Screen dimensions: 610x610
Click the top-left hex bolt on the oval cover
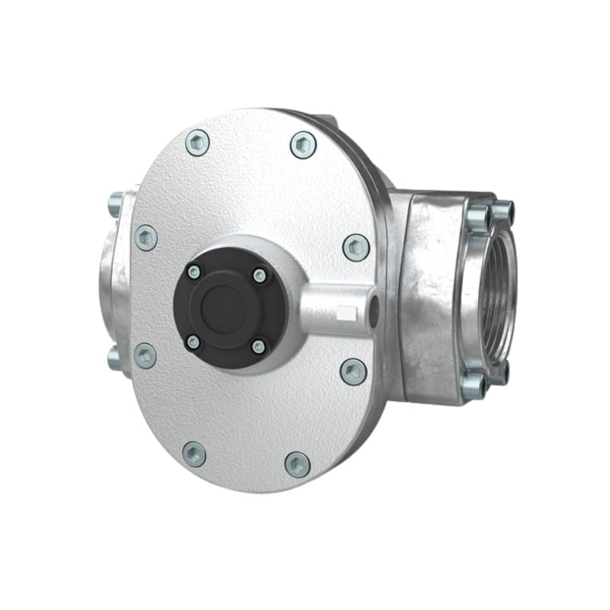pos(197,143)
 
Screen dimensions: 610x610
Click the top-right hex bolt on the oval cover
pos(303,145)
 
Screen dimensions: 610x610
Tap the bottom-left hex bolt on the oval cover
pos(194,454)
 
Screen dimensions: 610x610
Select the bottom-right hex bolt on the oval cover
pos(297,464)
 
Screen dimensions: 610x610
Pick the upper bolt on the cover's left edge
pos(146,238)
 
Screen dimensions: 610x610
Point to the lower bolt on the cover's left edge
pos(145,355)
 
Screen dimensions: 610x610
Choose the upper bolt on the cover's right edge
pos(356,247)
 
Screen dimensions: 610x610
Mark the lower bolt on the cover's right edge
pos(353,371)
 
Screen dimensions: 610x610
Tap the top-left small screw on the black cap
pos(194,271)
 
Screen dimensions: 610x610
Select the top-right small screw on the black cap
pos(260,275)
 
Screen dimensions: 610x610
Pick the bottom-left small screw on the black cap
pos(194,342)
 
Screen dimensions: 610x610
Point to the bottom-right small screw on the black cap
pos(258,347)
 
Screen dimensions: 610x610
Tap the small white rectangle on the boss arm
pos(346,312)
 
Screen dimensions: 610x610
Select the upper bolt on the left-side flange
pos(115,204)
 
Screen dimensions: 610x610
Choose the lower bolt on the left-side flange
pos(114,358)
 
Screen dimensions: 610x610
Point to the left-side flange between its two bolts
pos(113,282)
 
